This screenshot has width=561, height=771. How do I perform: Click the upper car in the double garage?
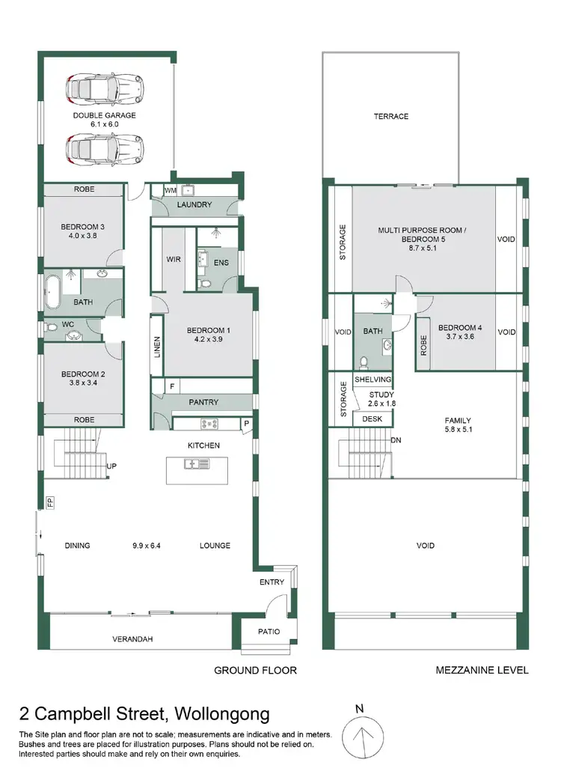(104, 88)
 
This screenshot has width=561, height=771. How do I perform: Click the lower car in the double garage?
(104, 149)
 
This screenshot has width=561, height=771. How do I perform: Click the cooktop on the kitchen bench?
(206, 424)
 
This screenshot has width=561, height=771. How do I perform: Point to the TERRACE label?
(391, 116)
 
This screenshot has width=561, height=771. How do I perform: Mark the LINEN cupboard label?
(157, 345)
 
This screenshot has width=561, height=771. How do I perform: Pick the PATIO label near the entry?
(269, 632)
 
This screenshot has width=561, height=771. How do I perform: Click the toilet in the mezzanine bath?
(364, 362)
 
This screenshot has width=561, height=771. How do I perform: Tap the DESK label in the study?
(373, 419)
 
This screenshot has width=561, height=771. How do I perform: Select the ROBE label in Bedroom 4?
(423, 344)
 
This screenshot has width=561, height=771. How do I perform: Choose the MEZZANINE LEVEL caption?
(482, 670)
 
